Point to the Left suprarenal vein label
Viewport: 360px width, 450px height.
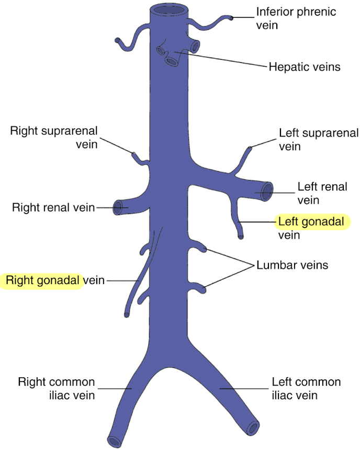319,140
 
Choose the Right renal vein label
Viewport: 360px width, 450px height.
53,208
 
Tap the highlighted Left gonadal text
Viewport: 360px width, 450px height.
311,222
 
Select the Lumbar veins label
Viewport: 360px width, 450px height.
292,265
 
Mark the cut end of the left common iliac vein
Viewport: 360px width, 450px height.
253,428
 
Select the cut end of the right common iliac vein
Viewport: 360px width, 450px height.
112,441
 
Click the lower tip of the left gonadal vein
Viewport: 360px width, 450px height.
241,237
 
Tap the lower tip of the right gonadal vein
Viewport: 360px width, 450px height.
127,314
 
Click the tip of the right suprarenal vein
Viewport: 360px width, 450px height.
133,154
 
